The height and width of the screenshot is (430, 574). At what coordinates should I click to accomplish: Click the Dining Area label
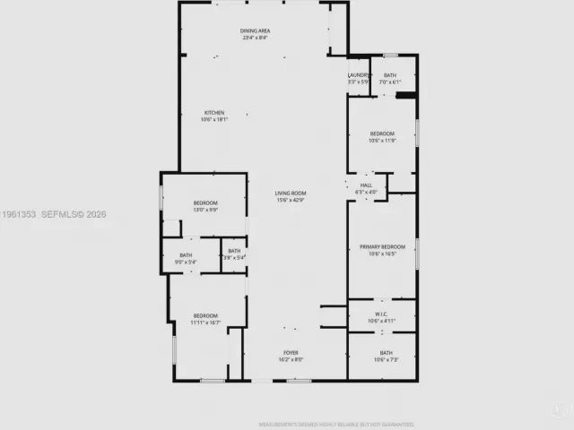(256, 31)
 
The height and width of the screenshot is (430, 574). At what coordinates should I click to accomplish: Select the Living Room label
(291, 193)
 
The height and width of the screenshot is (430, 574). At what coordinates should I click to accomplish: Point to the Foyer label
(291, 353)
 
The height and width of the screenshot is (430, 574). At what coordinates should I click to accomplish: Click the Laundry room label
(359, 75)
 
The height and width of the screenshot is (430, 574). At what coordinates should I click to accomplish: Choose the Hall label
(366, 185)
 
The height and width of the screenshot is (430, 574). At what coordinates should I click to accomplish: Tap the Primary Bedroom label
(382, 246)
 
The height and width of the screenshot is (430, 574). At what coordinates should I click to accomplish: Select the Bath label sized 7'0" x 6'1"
(390, 75)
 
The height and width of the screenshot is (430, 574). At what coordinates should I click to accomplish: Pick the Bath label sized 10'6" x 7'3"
(386, 353)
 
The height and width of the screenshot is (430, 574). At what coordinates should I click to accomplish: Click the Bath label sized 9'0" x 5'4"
(186, 255)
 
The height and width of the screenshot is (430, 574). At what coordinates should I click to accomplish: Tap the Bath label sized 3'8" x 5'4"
(234, 252)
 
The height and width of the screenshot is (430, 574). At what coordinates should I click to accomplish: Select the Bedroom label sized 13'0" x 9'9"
(205, 203)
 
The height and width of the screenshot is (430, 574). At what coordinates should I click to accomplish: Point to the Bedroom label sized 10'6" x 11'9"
(382, 133)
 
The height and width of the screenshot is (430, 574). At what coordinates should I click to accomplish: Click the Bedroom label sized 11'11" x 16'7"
(205, 315)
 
